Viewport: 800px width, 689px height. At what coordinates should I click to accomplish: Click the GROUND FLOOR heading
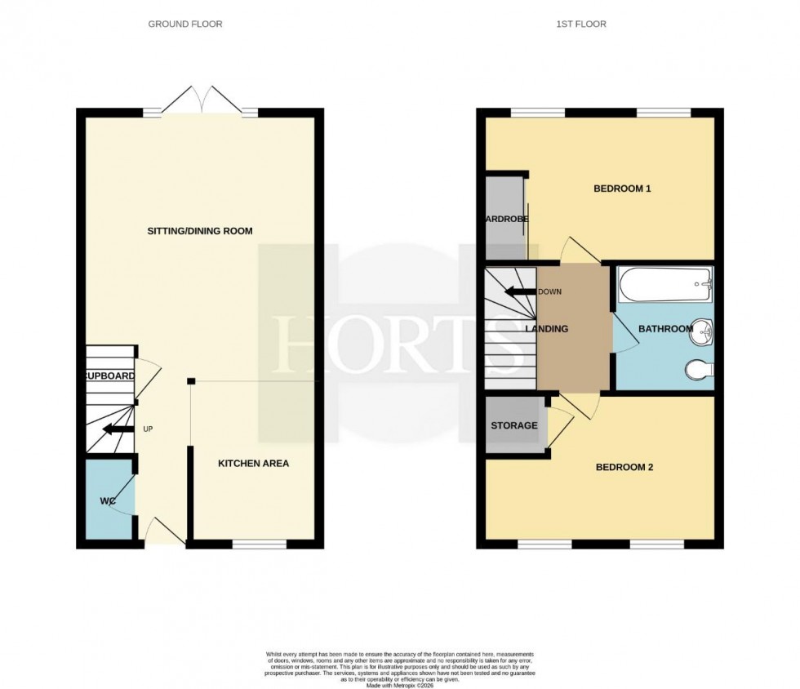click(184, 24)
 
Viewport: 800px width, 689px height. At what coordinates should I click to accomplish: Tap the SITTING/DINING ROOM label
click(200, 231)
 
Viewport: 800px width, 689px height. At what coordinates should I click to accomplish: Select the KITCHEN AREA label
click(253, 464)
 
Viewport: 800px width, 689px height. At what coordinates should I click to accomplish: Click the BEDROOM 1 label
click(621, 189)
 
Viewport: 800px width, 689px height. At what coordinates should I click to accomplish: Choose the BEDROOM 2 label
click(624, 468)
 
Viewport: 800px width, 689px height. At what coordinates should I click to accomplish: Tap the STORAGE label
click(513, 425)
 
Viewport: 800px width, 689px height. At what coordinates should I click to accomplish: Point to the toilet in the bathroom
click(700, 371)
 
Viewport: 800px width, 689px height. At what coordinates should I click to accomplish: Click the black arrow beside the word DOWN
click(519, 292)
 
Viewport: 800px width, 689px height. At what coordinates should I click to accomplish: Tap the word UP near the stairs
click(148, 429)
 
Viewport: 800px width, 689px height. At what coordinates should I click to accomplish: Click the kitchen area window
click(260, 543)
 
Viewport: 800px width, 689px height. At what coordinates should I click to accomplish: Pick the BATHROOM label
click(665, 330)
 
